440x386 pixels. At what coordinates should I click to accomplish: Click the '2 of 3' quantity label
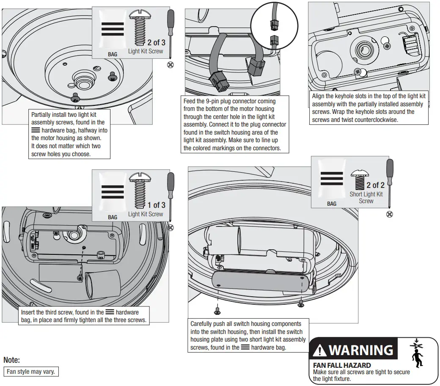[x=156, y=43]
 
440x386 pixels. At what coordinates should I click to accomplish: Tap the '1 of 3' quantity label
[x=156, y=205]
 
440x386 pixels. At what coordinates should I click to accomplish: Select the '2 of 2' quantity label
[x=375, y=185]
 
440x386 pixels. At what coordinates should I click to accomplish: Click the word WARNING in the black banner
[x=361, y=350]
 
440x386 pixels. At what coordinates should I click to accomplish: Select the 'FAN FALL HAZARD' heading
[x=341, y=365]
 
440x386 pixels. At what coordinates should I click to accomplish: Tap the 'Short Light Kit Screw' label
[x=366, y=198]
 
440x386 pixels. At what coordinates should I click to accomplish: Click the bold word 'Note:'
[x=12, y=361]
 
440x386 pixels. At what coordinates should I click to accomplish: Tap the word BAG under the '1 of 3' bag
[x=113, y=217]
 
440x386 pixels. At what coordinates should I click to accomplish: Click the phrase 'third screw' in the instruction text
[x=61, y=312]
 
